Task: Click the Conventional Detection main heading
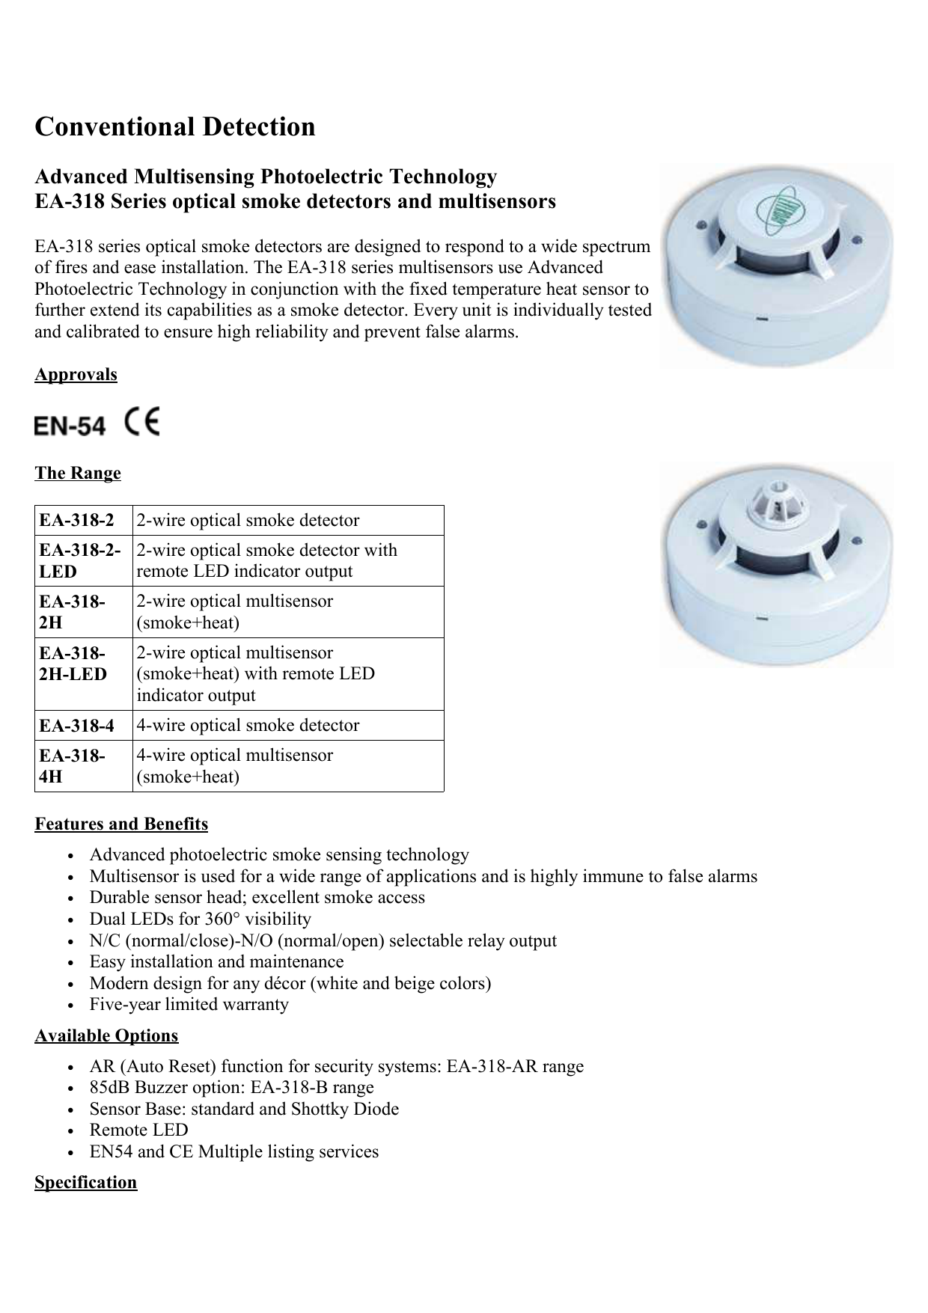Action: point(175,127)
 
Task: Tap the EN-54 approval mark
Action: point(70,426)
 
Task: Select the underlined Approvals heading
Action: point(76,374)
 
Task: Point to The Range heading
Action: point(78,474)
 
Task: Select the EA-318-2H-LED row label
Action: point(73,664)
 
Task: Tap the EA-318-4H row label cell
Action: point(73,766)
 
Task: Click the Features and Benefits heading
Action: point(121,824)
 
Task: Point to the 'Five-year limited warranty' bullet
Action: point(189,1005)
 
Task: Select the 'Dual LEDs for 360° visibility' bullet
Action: point(201,919)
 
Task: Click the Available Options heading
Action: point(106,1036)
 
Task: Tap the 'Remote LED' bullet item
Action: point(139,1130)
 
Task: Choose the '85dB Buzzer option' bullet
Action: point(232,1088)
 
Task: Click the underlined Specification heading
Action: point(86,1183)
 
